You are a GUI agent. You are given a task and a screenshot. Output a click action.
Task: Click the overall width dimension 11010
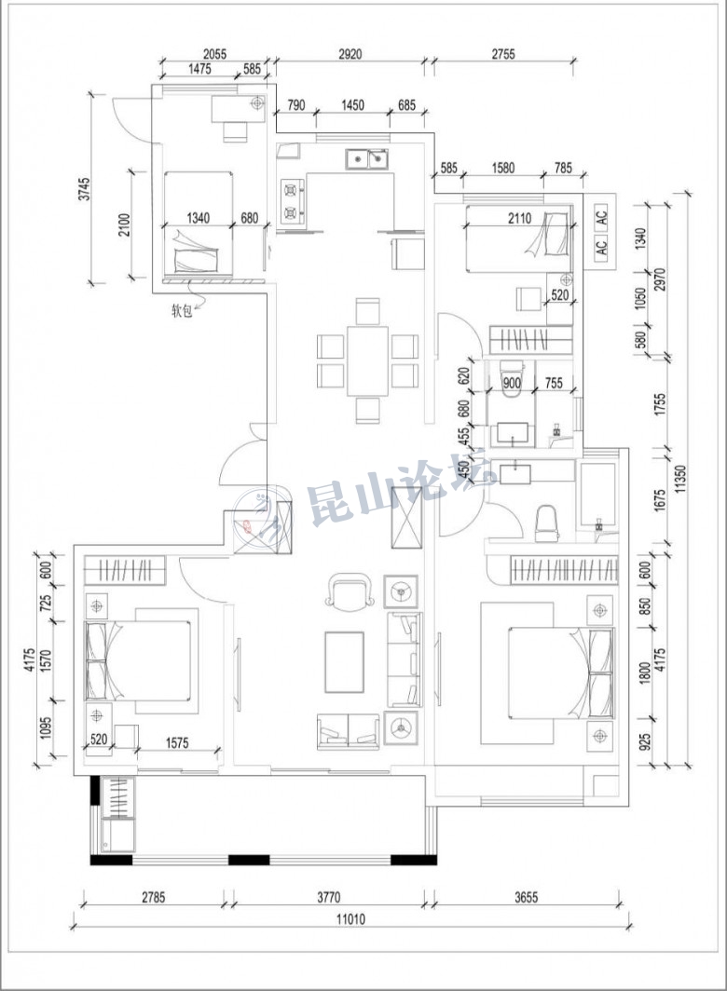coord(350,918)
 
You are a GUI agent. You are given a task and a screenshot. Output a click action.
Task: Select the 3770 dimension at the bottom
coord(328,897)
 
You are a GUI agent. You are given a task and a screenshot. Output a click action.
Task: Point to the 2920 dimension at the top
coord(350,54)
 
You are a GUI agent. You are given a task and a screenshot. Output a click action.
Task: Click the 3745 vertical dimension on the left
coord(84,189)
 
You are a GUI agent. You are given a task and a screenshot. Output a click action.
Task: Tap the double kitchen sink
coord(367,158)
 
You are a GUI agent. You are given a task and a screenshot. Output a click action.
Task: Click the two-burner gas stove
coord(292,201)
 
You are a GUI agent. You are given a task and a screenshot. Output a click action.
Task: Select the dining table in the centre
coord(367,360)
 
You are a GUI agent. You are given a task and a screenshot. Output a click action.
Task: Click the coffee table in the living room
coord(345,661)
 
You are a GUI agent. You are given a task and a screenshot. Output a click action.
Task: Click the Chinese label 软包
coord(182,310)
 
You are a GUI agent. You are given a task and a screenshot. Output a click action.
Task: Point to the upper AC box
coord(601,216)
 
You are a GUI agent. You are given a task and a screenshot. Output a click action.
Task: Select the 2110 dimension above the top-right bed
coord(519,219)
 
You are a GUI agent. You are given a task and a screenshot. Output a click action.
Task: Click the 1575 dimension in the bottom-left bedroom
coord(177,742)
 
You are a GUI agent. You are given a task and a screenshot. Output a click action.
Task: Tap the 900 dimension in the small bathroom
coord(512,383)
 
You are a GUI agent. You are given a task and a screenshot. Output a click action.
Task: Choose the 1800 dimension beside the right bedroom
coord(645,672)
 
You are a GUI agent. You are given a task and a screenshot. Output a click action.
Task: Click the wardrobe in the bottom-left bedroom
coord(125,570)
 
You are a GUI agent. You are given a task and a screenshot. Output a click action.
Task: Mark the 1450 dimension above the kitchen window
coord(352,104)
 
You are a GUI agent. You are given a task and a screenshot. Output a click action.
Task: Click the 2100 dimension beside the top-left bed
coord(124,225)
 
